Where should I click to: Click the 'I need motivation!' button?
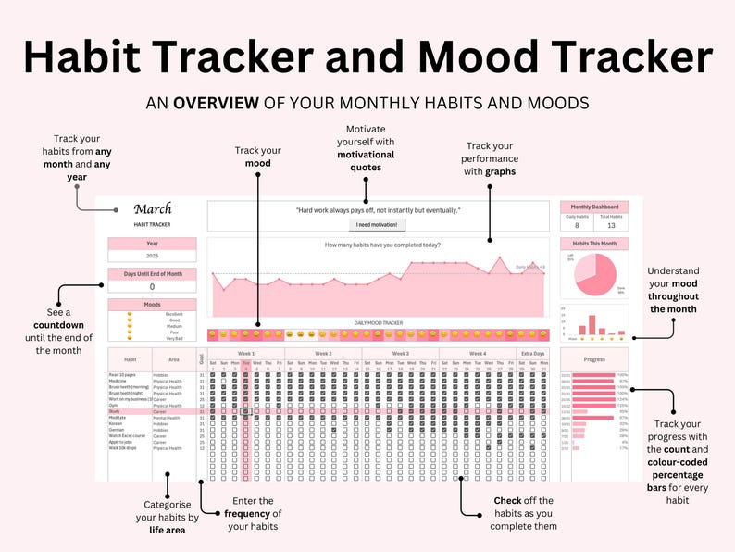[x=377, y=224]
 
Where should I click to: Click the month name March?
[x=152, y=210]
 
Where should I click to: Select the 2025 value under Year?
[x=152, y=256]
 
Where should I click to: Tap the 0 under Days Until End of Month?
[x=152, y=286]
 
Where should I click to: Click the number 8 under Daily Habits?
[x=577, y=224]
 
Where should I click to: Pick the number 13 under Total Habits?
[x=611, y=224]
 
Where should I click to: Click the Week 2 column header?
[x=323, y=353]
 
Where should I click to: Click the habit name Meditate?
[x=118, y=418]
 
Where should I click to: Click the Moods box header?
[x=152, y=304]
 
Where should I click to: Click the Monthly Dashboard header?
[x=594, y=207]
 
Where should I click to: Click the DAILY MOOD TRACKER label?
[x=380, y=323]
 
